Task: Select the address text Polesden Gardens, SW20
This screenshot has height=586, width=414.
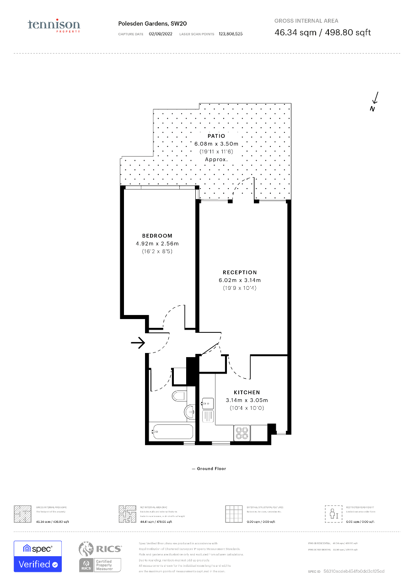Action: (152, 24)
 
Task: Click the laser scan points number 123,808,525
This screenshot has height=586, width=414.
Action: (231, 34)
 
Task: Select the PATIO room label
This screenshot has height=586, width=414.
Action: (216, 136)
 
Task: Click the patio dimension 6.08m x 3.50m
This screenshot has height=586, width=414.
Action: (216, 144)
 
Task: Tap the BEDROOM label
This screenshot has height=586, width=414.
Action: (157, 236)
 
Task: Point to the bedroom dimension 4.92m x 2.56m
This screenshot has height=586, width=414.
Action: (157, 244)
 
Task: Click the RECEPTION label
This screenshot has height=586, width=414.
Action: (240, 272)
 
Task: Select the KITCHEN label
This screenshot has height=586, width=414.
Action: (247, 392)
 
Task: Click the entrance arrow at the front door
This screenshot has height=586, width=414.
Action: (138, 342)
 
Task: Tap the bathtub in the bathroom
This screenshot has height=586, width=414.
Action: (173, 431)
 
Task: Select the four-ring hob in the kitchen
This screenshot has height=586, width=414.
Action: (242, 433)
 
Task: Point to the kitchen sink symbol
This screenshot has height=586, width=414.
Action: (207, 403)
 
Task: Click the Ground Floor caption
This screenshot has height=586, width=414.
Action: (209, 469)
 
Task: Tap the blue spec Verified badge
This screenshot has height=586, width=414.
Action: (38, 556)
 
